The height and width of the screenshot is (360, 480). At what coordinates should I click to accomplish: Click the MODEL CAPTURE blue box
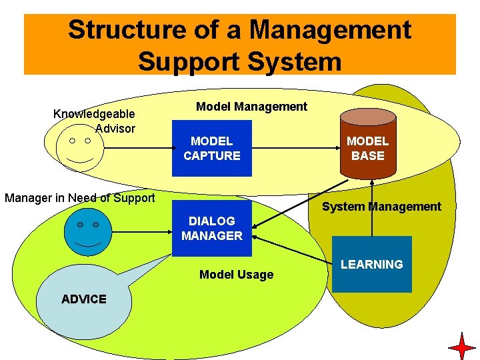click(x=212, y=148)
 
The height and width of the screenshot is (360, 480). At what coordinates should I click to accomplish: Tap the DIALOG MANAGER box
click(x=212, y=228)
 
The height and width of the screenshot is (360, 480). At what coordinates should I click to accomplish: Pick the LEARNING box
click(x=371, y=265)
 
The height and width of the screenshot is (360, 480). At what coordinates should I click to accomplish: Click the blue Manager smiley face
click(x=87, y=233)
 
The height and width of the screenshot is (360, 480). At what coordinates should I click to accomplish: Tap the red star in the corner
click(x=462, y=347)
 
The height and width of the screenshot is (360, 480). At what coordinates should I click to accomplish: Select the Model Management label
click(x=251, y=107)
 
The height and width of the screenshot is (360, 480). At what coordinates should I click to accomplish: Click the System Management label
click(x=381, y=207)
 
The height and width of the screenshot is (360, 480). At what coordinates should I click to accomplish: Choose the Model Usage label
click(x=236, y=275)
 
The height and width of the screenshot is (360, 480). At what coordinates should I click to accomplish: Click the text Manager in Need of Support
click(x=79, y=197)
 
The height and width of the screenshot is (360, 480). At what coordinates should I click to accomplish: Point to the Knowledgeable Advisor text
click(x=94, y=121)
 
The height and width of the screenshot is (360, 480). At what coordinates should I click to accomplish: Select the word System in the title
click(x=294, y=61)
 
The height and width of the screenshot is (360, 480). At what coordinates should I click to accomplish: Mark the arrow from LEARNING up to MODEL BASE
click(x=371, y=207)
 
